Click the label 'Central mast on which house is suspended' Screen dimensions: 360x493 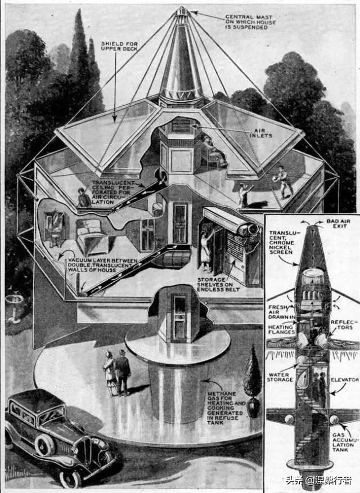(250, 22)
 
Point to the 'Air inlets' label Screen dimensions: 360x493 (262, 133)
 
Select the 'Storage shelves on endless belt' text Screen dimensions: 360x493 (218, 284)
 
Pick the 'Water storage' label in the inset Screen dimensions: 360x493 (280, 377)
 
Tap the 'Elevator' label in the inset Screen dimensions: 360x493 (344, 380)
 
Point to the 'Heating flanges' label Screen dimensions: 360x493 (281, 329)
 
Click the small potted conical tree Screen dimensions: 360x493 (253, 382)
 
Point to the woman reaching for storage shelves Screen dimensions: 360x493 (206, 250)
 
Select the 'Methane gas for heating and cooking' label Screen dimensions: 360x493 (226, 408)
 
